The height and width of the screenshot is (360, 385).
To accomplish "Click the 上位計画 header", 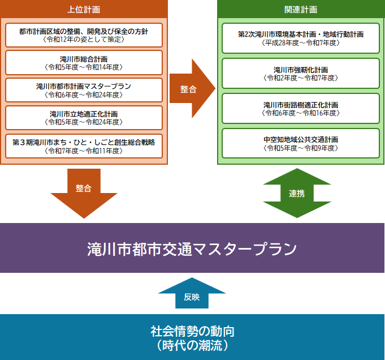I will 84,10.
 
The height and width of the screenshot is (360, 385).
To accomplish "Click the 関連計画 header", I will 301,10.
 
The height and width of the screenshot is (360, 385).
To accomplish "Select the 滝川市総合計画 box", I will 84,62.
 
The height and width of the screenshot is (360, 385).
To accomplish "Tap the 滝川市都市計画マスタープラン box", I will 84,90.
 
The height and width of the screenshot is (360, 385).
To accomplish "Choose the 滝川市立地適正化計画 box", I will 84,118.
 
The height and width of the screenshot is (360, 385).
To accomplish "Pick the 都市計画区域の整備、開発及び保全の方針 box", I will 84,35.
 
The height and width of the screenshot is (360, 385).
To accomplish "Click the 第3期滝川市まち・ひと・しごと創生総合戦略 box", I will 84,145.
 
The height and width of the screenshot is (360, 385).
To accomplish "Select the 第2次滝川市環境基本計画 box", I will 301,38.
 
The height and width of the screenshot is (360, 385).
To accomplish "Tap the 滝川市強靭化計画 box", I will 301,73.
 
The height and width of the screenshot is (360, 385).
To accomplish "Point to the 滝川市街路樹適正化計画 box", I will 301,109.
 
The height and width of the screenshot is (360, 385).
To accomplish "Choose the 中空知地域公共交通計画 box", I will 301,144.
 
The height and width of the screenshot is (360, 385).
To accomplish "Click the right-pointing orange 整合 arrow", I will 190,89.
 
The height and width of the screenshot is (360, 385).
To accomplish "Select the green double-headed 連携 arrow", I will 297,193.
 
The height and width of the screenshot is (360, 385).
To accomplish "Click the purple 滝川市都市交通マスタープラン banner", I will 192,248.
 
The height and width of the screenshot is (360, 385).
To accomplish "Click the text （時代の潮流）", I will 192,345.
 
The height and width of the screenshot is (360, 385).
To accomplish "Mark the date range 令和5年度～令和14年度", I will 84,66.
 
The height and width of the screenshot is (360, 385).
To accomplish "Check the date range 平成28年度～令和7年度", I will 301,42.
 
